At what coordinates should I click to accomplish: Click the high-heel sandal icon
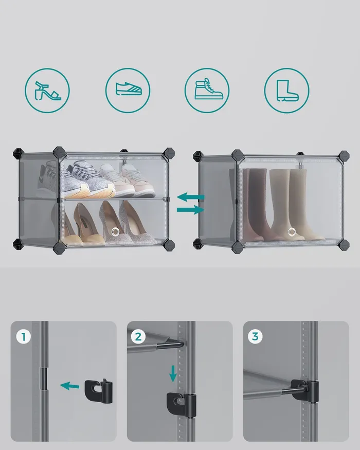point(47,91)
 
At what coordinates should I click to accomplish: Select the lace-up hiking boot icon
point(208,88)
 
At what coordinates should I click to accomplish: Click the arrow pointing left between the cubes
point(191,197)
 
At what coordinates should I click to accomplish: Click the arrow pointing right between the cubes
point(190,210)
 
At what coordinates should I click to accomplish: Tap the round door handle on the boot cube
point(292,231)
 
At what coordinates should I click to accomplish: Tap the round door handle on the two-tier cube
point(116,231)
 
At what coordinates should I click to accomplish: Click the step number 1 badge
point(24,337)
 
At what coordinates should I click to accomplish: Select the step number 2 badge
point(138,336)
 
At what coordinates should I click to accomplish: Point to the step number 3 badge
point(255,336)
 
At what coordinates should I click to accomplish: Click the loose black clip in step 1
point(98,391)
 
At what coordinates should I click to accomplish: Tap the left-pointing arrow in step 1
point(70,386)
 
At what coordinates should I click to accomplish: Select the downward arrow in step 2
point(173,373)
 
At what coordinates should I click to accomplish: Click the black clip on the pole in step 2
point(182,405)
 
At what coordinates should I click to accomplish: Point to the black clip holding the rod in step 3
point(304,391)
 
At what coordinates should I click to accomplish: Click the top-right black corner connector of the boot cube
point(344,155)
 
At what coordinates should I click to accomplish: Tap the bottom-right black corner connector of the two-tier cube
point(169,246)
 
